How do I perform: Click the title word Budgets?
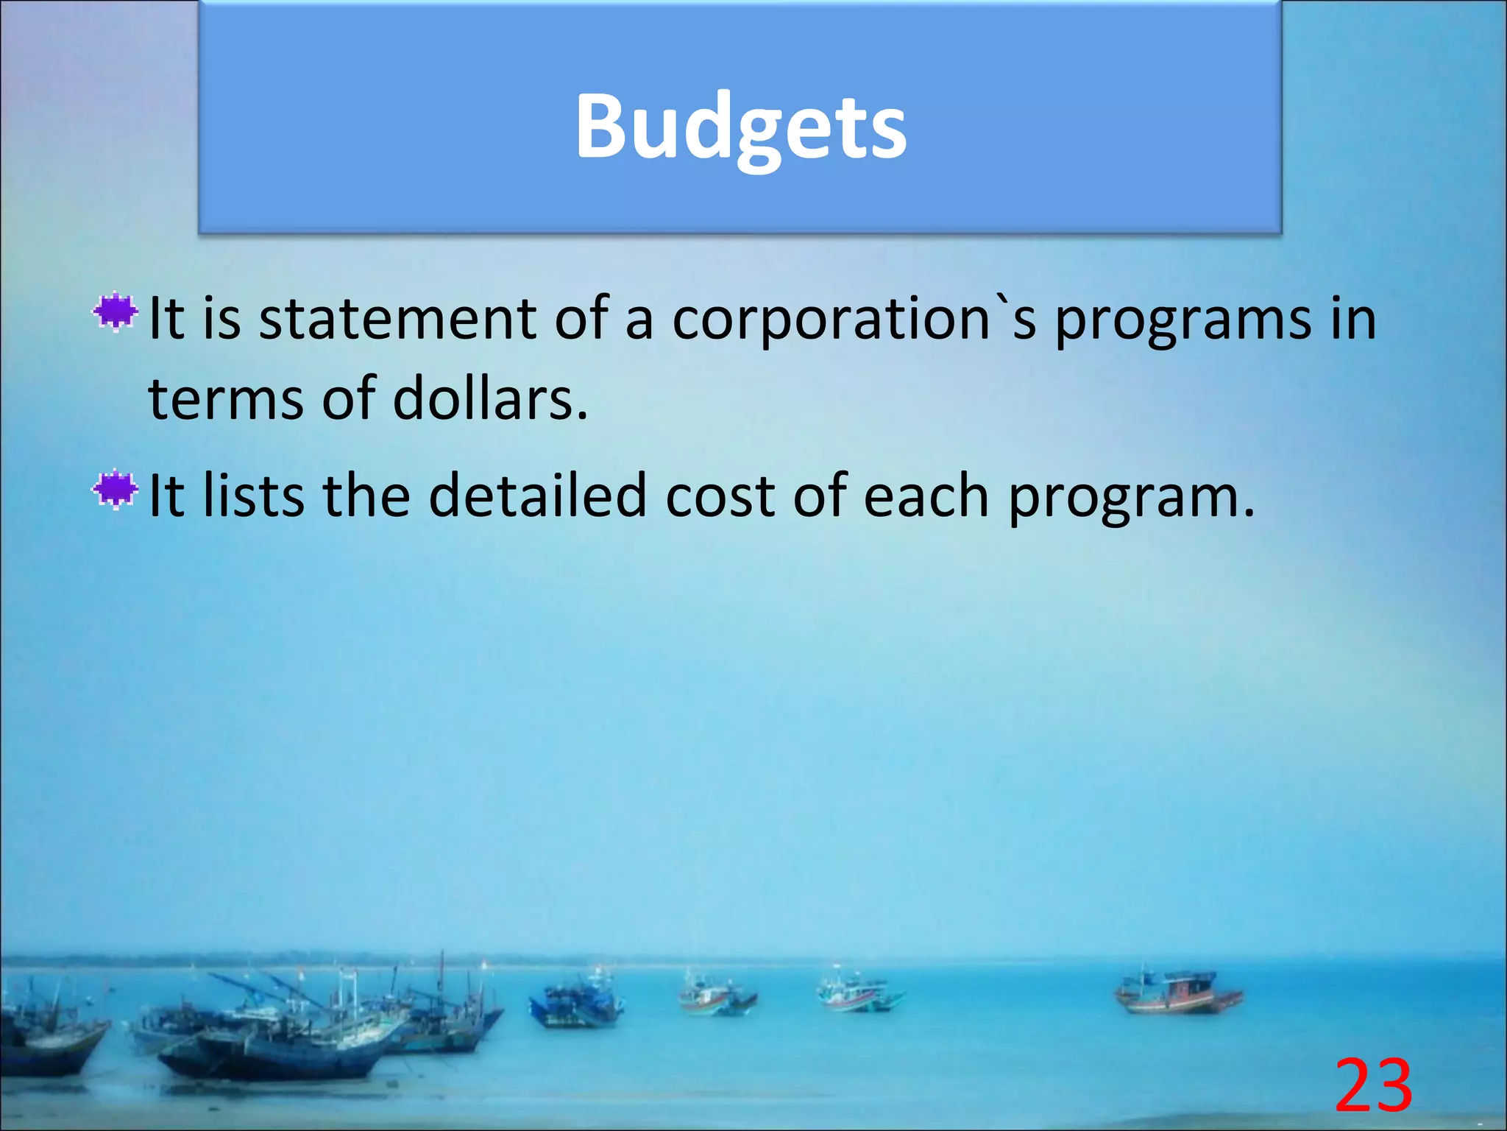(x=740, y=127)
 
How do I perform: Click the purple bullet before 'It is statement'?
(x=116, y=313)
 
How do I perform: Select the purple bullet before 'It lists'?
(x=116, y=490)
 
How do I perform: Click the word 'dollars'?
(x=490, y=398)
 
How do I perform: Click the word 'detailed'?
(x=537, y=496)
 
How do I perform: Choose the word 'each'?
(x=925, y=496)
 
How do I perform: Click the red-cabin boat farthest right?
(x=1177, y=994)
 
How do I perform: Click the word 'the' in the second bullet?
(x=366, y=496)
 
